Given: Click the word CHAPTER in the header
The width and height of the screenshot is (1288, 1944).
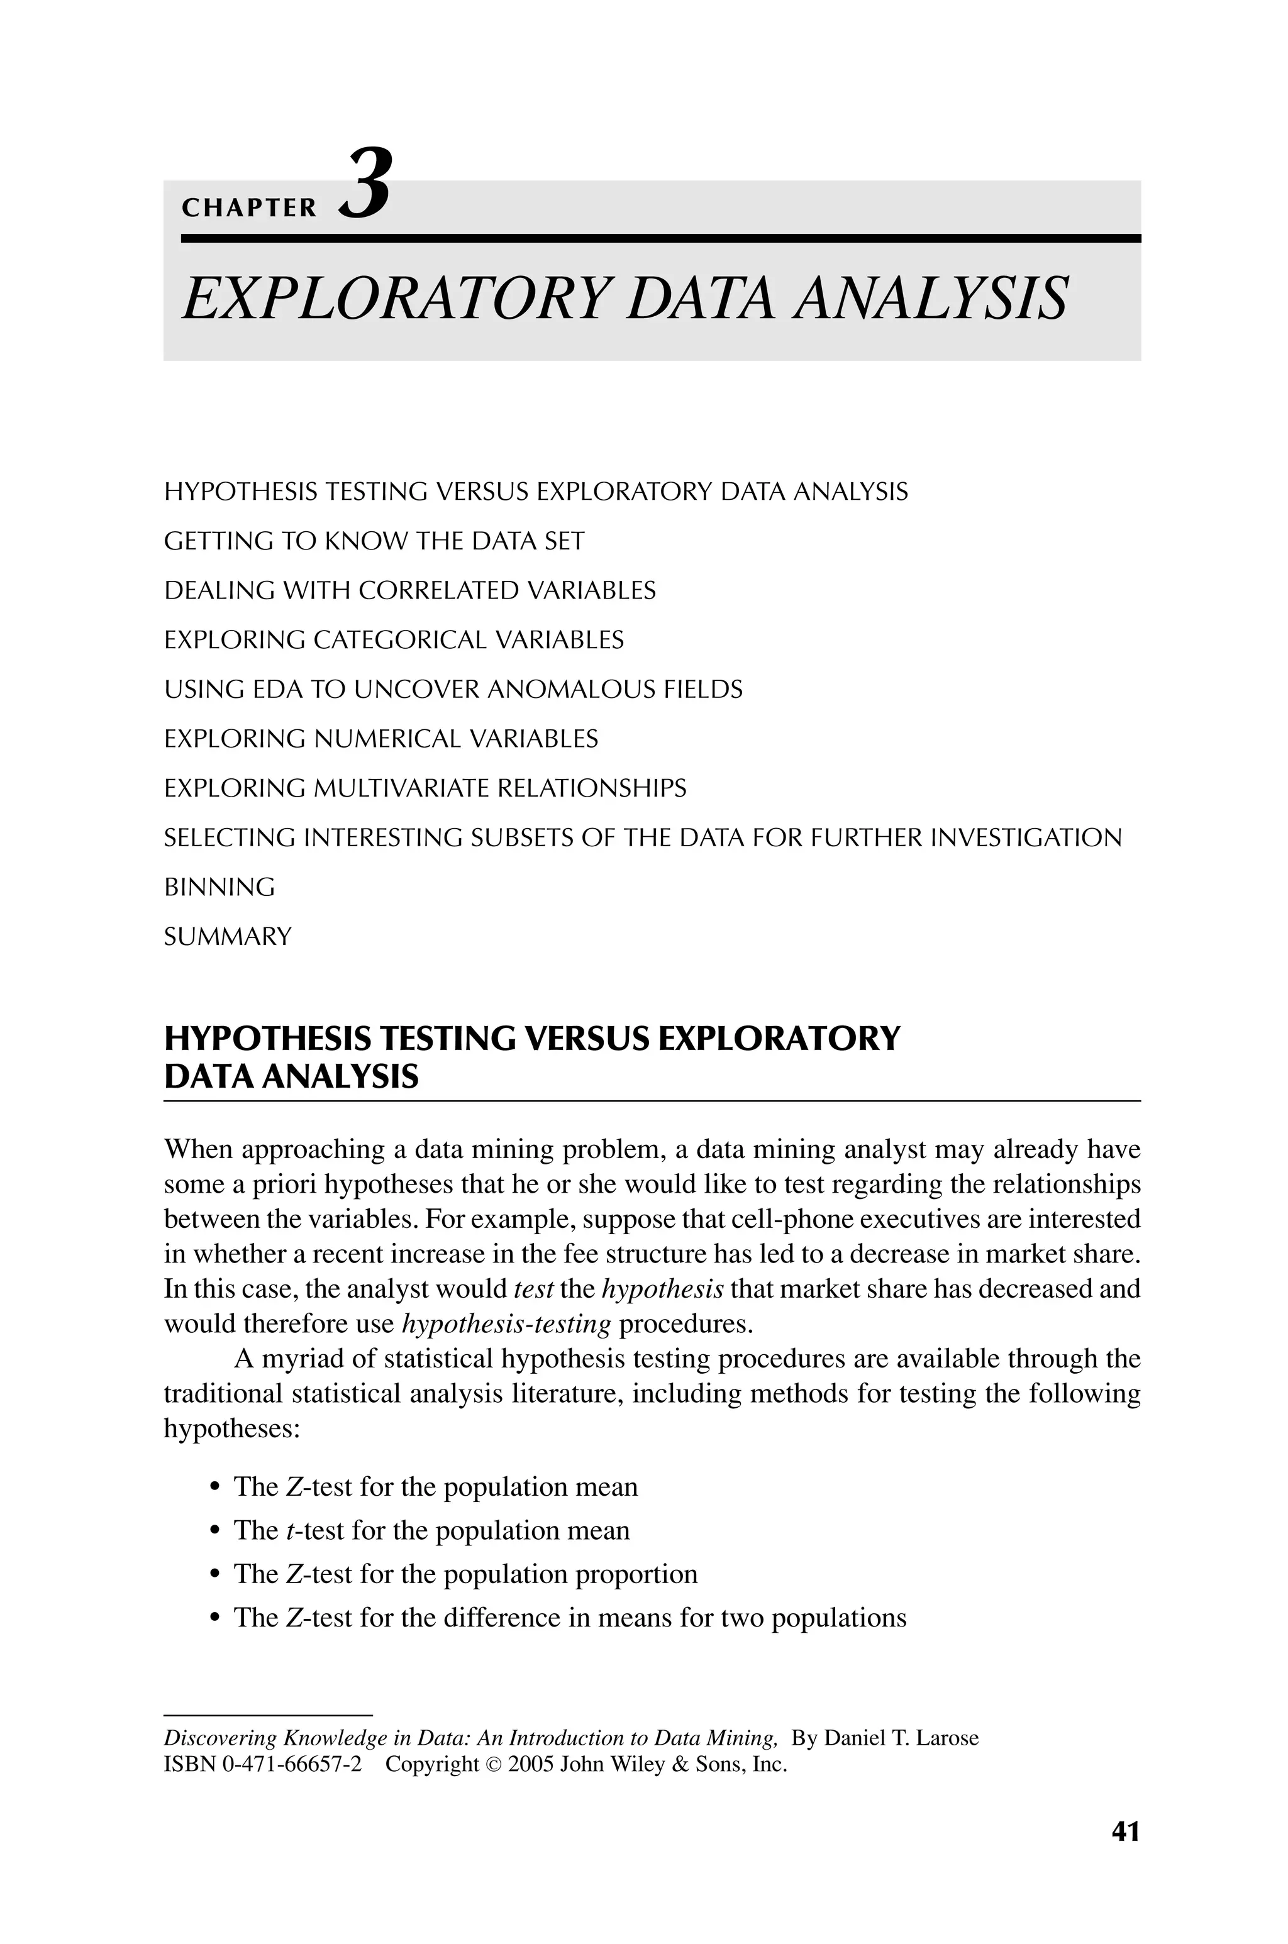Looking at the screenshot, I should pos(249,209).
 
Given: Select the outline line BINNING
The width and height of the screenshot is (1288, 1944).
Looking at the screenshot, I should pos(219,888).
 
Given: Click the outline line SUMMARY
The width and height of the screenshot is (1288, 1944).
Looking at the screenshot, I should pos(228,937).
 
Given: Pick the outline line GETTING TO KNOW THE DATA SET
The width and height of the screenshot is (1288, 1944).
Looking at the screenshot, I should pos(374,542).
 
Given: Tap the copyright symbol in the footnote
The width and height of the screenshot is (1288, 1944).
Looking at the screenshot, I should pos(494,1765).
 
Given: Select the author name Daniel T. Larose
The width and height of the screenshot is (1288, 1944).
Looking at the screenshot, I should pos(901,1738).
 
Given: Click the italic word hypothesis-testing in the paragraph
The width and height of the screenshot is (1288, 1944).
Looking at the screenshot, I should pos(507,1324).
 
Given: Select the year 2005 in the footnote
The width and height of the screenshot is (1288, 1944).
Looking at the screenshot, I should pos(531,1764).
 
